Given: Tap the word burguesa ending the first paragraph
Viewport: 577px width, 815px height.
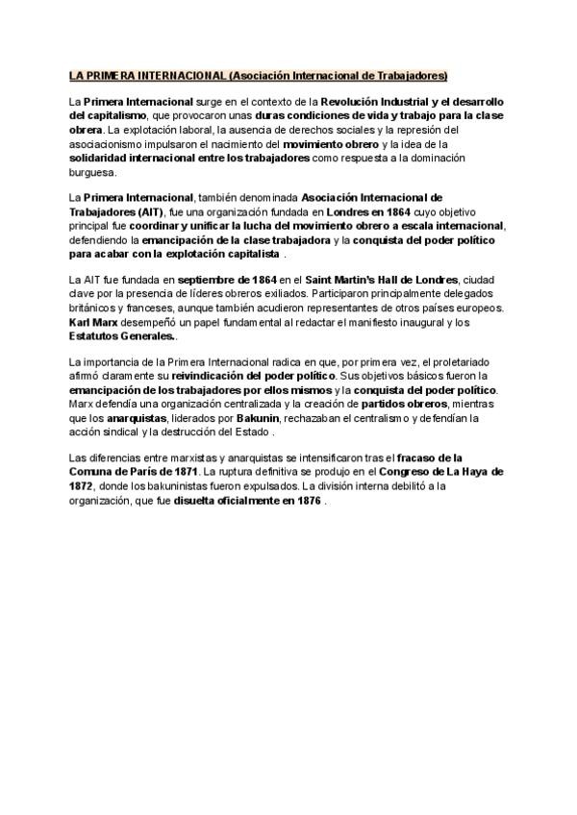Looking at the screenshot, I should pyautogui.click(x=91, y=174).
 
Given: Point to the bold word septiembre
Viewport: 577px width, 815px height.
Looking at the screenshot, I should pyautogui.click(x=206, y=280).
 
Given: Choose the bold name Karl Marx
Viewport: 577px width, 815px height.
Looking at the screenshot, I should pyautogui.click(x=92, y=322).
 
